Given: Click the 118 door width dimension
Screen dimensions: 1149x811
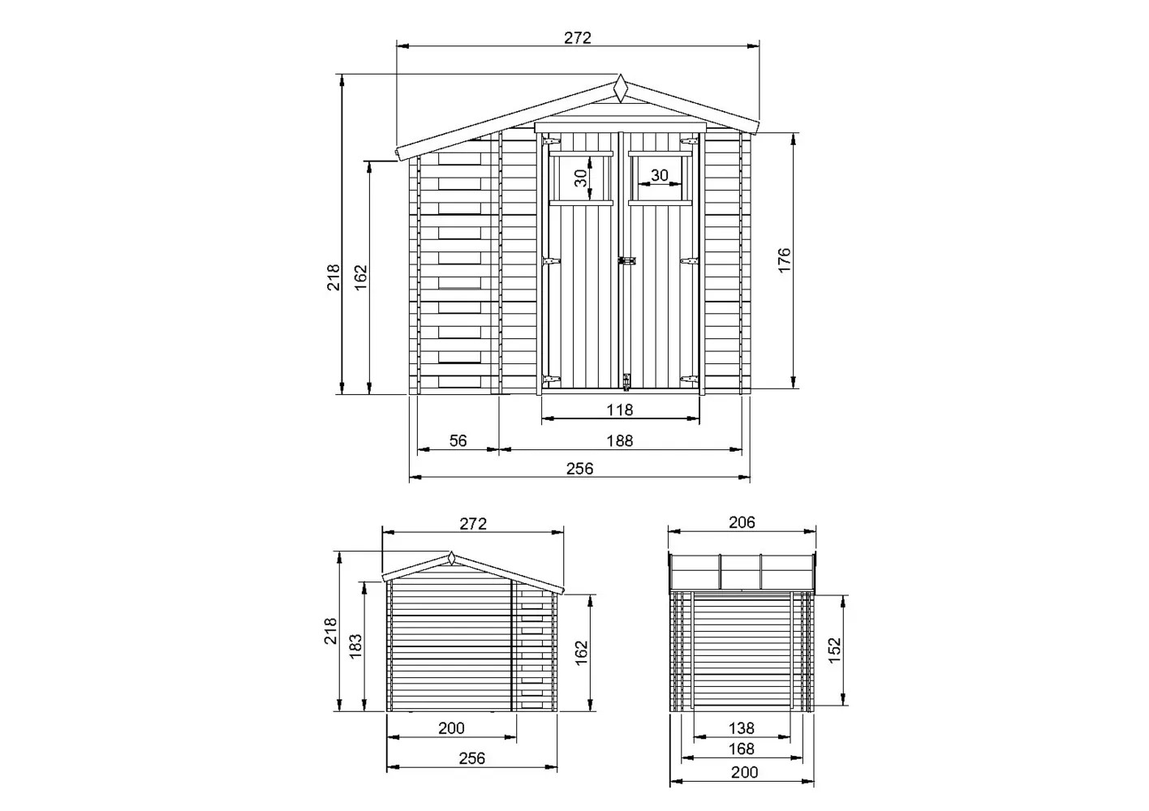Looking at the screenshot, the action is click(620, 410).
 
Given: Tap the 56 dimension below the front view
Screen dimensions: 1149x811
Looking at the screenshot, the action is click(458, 440).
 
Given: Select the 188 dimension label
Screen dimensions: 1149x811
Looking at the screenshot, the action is click(620, 440).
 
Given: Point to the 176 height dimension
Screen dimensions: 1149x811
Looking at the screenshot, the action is click(785, 260).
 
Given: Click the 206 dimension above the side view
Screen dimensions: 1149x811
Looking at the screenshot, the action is click(742, 522).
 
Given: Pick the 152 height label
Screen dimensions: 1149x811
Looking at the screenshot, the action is click(835, 650).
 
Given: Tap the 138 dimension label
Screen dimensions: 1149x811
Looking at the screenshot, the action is click(742, 728).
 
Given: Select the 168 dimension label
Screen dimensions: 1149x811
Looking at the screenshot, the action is click(742, 749).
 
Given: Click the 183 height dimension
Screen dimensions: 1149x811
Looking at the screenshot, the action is click(355, 646).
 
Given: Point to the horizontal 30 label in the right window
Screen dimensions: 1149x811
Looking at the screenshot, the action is click(660, 175).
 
